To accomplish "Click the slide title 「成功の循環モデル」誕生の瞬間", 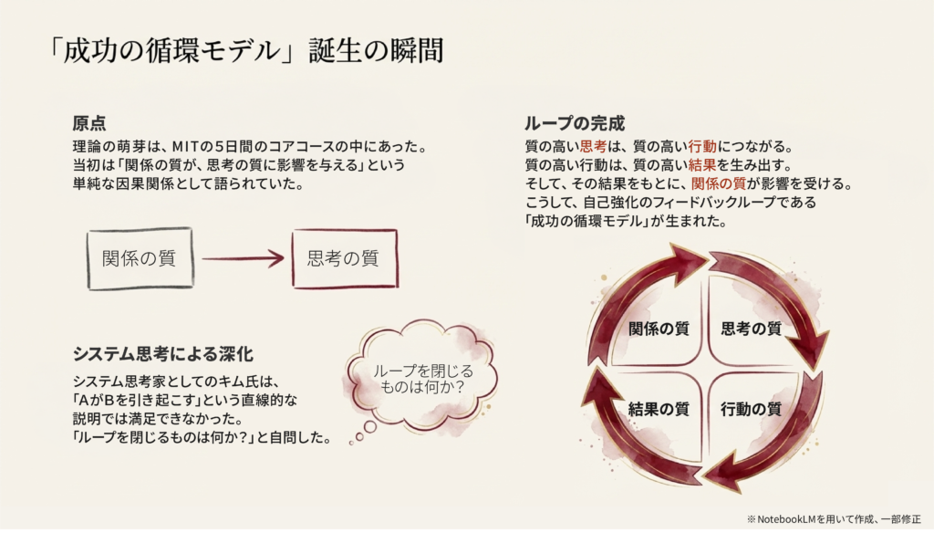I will [247, 51].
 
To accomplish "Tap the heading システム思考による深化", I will [161, 353].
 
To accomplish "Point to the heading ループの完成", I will [574, 123].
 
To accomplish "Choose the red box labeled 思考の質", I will [344, 258].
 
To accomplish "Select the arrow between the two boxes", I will [242, 259].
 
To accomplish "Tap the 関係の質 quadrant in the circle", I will [658, 329].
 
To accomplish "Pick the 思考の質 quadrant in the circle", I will [752, 329].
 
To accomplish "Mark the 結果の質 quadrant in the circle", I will [658, 409].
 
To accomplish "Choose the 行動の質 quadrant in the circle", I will [752, 409].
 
